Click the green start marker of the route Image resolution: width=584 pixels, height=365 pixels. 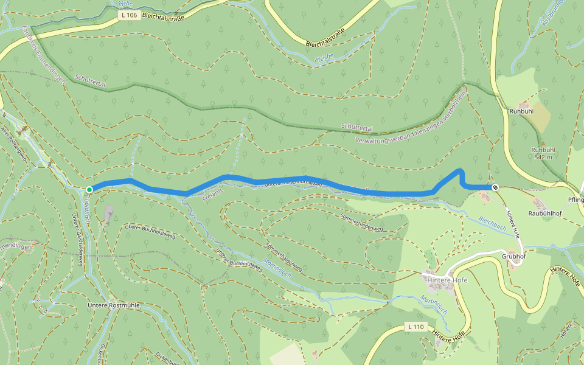89,189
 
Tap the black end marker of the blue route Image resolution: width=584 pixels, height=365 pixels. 496,187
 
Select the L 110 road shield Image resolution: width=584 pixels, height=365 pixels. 415,327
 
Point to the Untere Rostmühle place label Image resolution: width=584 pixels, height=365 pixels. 114,304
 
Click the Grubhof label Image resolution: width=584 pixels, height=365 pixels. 513,256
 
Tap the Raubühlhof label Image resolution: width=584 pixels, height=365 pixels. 544,214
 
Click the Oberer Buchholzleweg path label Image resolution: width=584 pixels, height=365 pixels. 149,232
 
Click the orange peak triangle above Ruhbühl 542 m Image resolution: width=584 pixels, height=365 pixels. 543,144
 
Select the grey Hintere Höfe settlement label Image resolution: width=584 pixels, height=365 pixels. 447,280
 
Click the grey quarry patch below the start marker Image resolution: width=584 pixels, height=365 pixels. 108,213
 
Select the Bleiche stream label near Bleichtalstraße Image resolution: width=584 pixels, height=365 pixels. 324,58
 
